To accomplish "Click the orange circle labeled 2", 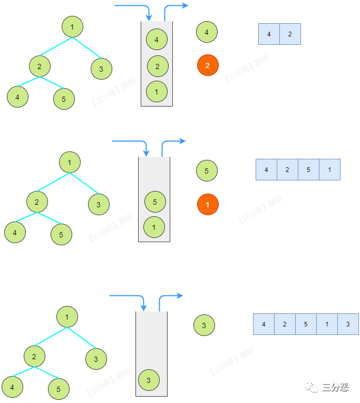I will [x=207, y=65].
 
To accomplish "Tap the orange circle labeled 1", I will [x=207, y=204].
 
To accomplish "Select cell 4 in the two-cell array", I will [x=269, y=34].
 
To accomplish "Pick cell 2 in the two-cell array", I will [x=290, y=34].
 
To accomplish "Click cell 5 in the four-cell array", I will [x=308, y=169].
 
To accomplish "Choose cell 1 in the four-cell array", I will [x=329, y=169].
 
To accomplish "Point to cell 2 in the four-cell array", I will [x=287, y=169].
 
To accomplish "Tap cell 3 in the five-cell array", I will [x=348, y=324].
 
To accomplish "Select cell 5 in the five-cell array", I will [x=306, y=324].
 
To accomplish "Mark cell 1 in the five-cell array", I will [x=327, y=324].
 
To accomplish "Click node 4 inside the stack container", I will [x=157, y=39].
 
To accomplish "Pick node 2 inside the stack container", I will [x=157, y=66].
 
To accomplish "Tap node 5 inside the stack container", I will [x=154, y=202].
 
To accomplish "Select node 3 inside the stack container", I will [x=149, y=380].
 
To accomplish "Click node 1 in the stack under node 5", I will [x=154, y=227].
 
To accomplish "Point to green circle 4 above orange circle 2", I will [x=207, y=32].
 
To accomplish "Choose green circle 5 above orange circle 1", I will [x=207, y=171].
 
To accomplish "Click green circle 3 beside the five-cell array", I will [x=204, y=325].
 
